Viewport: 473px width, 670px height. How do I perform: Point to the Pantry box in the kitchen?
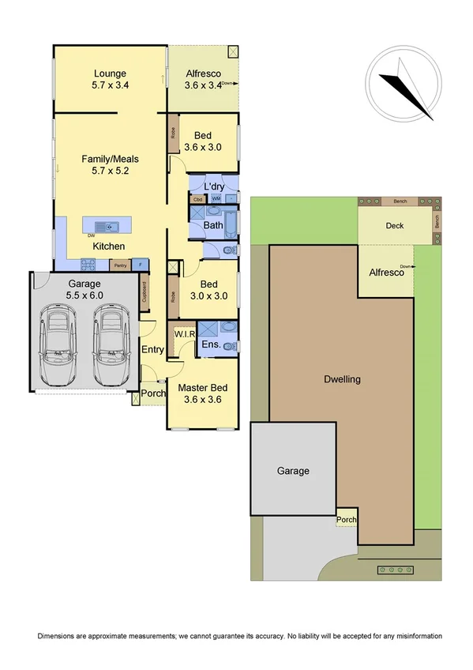[119, 265]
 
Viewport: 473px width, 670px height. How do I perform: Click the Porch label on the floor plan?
[153, 393]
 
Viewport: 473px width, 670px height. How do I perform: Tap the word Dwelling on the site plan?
[342, 379]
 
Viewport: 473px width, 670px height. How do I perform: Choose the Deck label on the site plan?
[395, 226]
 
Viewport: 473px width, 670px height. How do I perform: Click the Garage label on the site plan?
[292, 471]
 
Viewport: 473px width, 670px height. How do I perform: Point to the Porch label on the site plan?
[346, 521]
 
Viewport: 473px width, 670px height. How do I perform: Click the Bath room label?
[213, 225]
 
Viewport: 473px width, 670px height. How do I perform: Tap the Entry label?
[152, 349]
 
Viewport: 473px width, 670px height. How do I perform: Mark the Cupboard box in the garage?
[144, 294]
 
